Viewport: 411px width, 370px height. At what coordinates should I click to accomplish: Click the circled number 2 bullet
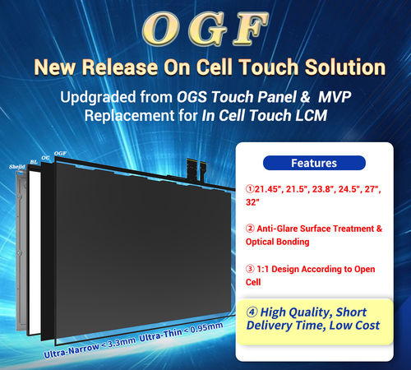pyautogui.click(x=250, y=229)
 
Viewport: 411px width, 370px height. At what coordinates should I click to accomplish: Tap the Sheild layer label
pyautogui.click(x=16, y=164)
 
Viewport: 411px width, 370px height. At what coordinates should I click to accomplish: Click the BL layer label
pyautogui.click(x=33, y=162)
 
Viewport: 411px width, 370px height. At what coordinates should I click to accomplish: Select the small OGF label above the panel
pyautogui.click(x=60, y=154)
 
